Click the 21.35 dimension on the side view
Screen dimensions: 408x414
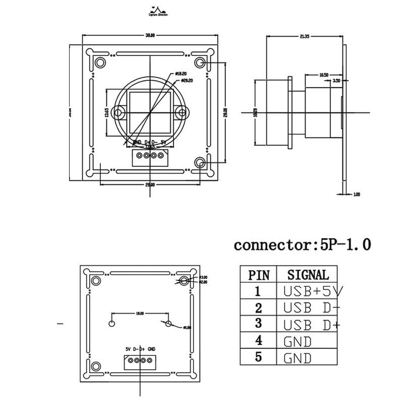[x=304, y=36]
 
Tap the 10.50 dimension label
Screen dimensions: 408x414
[x=324, y=75]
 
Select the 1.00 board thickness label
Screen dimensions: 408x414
[x=357, y=194]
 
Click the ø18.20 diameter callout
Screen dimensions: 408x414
[x=181, y=74]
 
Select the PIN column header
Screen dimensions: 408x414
[x=259, y=275]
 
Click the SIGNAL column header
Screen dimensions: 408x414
[x=308, y=275]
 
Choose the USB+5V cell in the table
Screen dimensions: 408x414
[x=312, y=291]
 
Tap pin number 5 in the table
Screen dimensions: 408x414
[x=259, y=359]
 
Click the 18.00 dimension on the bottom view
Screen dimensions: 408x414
[x=140, y=313]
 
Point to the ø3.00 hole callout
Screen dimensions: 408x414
[x=204, y=277]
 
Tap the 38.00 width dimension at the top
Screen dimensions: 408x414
[x=150, y=35]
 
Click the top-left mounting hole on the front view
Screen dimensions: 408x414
[x=100, y=63]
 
